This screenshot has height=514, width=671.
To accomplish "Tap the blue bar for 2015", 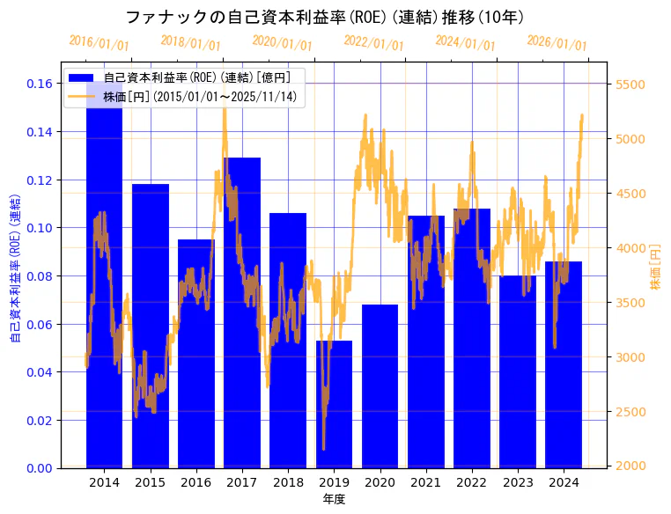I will click(150, 326).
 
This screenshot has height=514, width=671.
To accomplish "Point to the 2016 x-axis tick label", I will click(195, 482).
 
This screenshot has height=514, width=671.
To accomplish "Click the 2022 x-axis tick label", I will click(471, 482).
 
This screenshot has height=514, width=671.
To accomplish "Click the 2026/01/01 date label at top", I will click(557, 43).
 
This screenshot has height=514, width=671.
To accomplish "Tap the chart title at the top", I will click(325, 17).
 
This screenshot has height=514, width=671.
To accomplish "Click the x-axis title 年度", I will click(334, 499).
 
